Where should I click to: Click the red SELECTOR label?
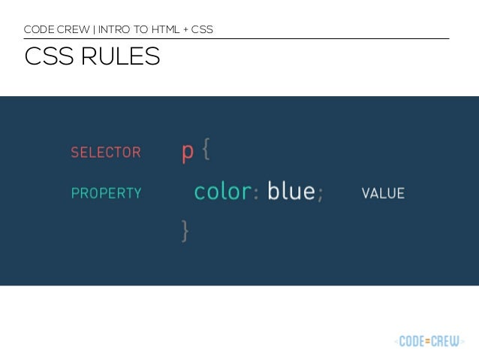tap(105, 153)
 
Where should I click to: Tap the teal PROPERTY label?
tap(106, 193)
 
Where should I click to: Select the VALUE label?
tap(383, 193)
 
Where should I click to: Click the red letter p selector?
tap(188, 153)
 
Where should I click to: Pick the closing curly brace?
tap(185, 231)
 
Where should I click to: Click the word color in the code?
tap(221, 192)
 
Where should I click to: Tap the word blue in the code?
tap(291, 192)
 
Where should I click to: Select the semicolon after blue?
tap(321, 194)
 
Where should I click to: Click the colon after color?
tap(255, 194)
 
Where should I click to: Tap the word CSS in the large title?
tap(47, 57)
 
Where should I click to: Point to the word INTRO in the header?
tap(113, 30)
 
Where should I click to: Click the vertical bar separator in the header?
tap(92, 30)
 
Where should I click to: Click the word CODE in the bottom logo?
tap(413, 341)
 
